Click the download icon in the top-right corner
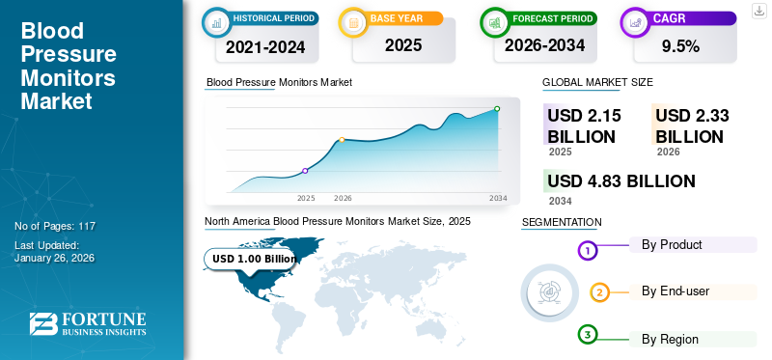point(758,10)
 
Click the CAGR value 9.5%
point(679,46)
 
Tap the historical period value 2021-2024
point(264,46)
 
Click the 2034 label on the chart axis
point(498,198)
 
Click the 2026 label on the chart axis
point(343,198)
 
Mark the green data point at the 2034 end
point(497,109)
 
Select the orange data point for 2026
point(342,140)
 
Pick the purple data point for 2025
point(306,171)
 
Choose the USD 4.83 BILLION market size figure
point(620,181)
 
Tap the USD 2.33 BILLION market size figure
point(691,125)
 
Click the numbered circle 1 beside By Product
point(588,251)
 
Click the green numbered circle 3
point(588,334)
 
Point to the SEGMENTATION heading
point(562,222)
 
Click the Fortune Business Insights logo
point(88,324)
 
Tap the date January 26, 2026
point(54,259)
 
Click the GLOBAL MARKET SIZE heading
point(597,83)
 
